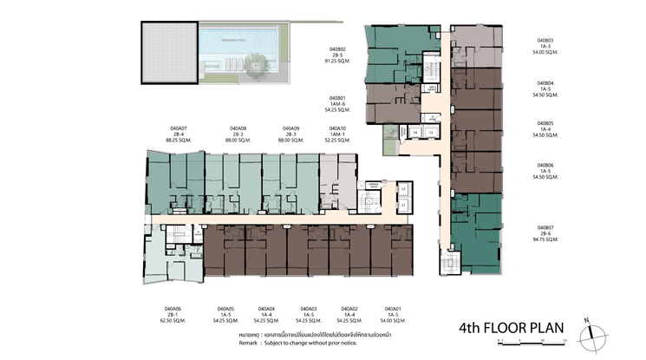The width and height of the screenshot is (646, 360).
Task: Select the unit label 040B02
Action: [x=337, y=49]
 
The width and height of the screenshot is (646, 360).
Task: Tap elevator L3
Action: [x=432, y=132]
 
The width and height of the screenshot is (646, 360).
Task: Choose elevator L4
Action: [x=415, y=132]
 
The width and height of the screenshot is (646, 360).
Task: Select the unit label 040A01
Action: [x=392, y=309]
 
